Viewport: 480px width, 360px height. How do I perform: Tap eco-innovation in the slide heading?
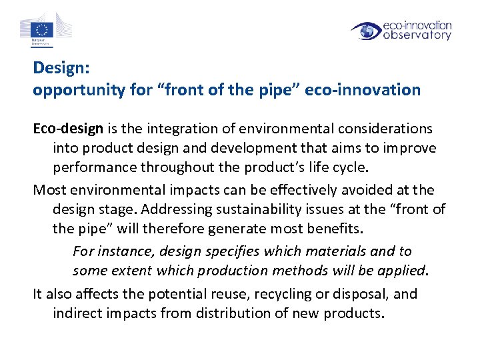coord(363,90)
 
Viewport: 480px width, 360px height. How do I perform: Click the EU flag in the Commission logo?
coord(43,29)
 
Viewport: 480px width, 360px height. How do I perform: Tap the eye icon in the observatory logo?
coord(367,31)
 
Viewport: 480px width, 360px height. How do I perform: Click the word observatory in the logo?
coord(417,35)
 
